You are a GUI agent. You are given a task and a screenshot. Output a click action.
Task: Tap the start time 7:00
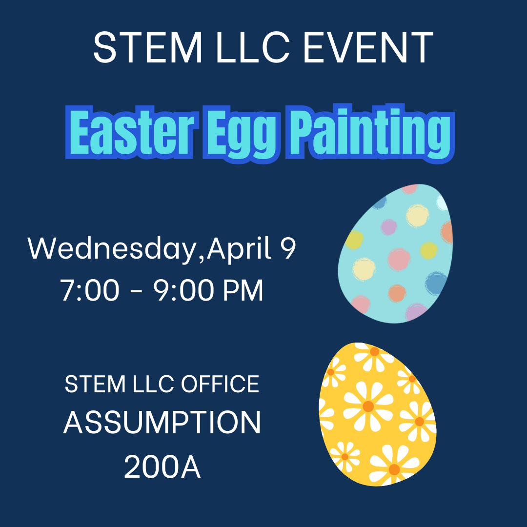[90, 291]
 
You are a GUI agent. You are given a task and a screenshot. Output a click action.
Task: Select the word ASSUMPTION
[162, 423]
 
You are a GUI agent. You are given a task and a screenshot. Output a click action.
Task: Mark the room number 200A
[162, 467]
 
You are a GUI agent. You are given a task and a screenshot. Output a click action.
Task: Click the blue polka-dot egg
[395, 254]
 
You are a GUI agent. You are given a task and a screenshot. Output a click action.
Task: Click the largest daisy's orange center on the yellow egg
[368, 406]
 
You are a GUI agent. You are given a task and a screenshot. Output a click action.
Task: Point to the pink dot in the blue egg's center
[399, 258]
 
